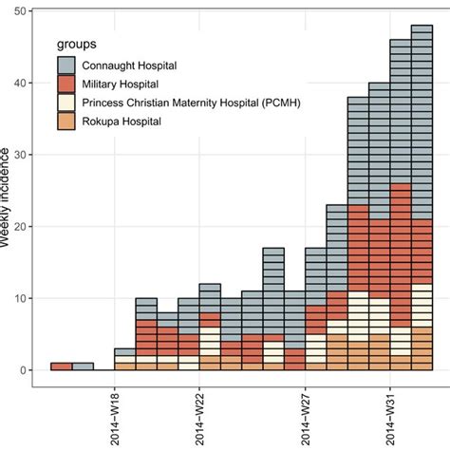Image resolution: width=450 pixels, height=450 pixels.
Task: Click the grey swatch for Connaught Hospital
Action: tap(67, 66)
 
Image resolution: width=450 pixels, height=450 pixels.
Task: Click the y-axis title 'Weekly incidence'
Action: tap(7, 199)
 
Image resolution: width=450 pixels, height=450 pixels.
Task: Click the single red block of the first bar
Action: tap(61, 366)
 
